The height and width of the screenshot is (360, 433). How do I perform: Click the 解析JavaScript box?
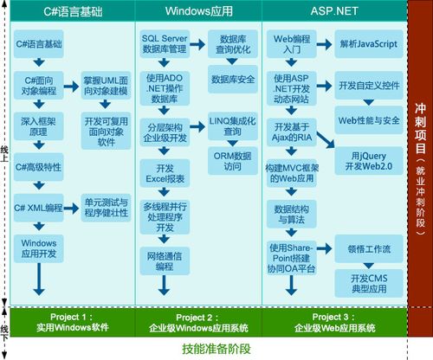pos(370,42)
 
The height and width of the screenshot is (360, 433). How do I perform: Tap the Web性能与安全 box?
pos(370,119)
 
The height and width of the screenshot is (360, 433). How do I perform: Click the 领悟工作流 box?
pos(370,248)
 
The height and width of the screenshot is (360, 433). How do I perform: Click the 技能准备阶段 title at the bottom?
pos(216,349)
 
